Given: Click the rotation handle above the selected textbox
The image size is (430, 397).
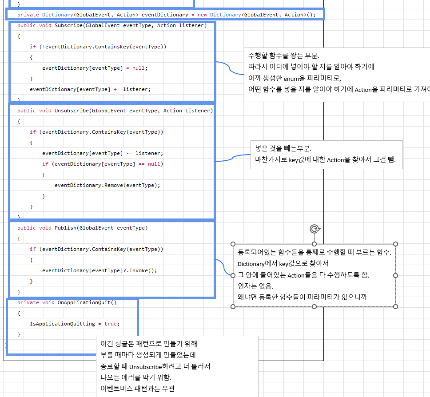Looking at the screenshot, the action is (x=314, y=229).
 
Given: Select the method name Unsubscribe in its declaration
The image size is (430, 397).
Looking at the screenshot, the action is (x=72, y=111).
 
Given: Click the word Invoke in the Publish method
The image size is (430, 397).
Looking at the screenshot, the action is (x=143, y=270).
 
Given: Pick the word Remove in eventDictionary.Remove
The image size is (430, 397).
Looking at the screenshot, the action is (x=113, y=185).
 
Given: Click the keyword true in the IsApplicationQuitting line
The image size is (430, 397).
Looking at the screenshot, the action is (x=110, y=324).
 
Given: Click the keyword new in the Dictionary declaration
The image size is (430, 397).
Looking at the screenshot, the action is (x=202, y=15).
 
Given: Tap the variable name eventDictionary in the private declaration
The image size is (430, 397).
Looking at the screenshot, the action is (x=165, y=15).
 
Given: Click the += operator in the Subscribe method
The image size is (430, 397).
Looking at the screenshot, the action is (x=117, y=89).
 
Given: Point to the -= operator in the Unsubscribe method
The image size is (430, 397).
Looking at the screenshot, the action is (x=129, y=153).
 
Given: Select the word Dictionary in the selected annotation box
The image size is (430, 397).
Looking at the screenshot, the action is (x=251, y=264).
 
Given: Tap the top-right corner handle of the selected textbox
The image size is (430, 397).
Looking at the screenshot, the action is (x=396, y=244).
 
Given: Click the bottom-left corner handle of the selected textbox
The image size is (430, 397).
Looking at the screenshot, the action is (x=232, y=306).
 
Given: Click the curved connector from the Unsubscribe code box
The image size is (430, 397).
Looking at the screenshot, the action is (x=233, y=157).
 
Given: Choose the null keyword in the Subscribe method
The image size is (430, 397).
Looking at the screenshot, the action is (x=139, y=68).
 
